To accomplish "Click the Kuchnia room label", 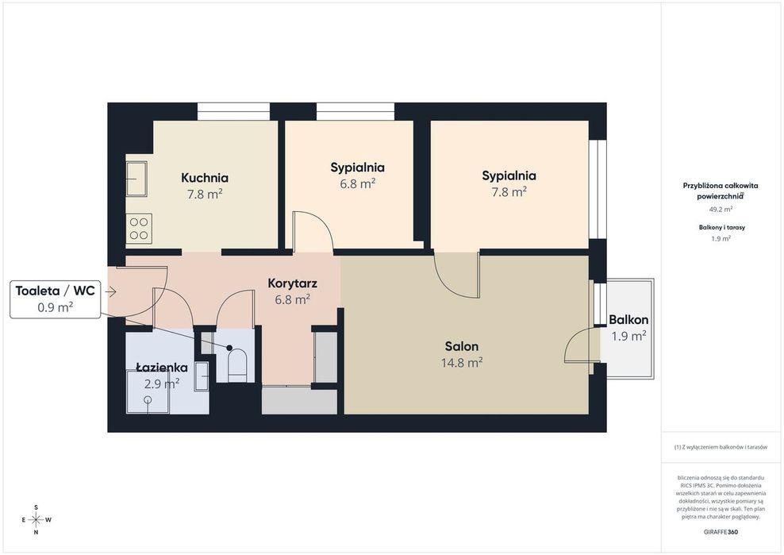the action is coord(205,178).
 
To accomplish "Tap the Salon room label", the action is coord(462,346).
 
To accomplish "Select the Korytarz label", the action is coord(293,283).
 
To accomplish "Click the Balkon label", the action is coord(628,320).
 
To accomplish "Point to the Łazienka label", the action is coord(162,368).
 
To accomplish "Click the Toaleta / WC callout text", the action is coord(55,291).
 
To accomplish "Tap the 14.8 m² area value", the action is coord(462,362).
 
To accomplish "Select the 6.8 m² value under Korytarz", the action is coord(293,299).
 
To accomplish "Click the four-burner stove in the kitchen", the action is coord(139,229).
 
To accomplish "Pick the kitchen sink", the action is coord(136,179).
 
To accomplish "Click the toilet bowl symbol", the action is coord(237,364).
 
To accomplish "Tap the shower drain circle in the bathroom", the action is coord(148,399).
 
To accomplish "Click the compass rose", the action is coord(36,519).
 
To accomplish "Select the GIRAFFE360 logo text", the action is coord(721,532).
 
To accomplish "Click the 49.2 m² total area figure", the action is coord(721,209).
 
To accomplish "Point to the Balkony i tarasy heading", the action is coord(722,227).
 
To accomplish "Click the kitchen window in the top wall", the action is coord(233,111).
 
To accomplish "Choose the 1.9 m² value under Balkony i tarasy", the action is coord(721,239).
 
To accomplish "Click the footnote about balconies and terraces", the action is coord(721,447).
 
